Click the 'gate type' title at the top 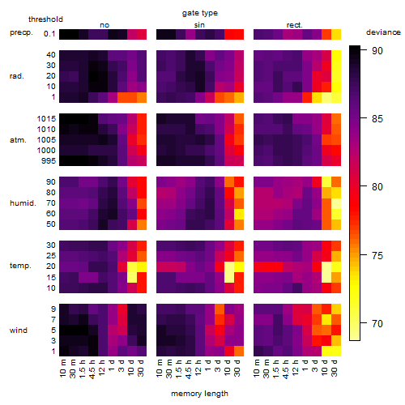point(200,13)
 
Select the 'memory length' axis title point(200,394)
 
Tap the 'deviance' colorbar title point(383,32)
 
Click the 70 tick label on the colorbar point(377,323)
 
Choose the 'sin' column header point(199,25)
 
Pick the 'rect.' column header point(294,25)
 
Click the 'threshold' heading point(45,19)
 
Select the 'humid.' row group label point(23,203)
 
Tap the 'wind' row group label point(19,330)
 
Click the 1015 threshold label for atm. point(46,118)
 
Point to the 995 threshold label point(49,161)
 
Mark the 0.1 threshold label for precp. point(49,34)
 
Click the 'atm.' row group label point(18,140)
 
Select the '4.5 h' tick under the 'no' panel point(92,369)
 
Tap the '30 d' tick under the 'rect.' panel point(335,369)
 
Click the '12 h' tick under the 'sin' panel point(198,368)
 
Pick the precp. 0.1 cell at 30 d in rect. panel point(336,34)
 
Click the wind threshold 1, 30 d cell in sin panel point(239,351)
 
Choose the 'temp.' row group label point(20,266)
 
